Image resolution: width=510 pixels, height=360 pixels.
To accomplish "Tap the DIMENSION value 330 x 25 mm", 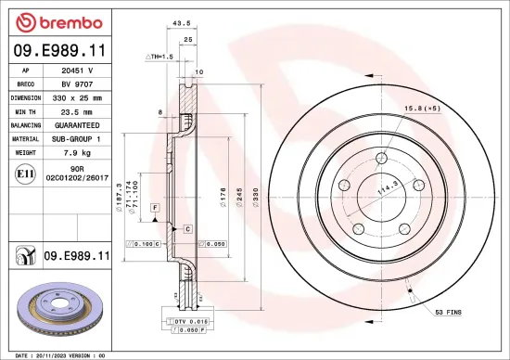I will pyautogui.click(x=83, y=96).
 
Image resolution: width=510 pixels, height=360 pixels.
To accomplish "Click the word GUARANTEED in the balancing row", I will pyautogui.click(x=83, y=123).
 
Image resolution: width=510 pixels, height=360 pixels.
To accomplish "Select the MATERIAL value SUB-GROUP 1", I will pyautogui.click(x=83, y=137).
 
